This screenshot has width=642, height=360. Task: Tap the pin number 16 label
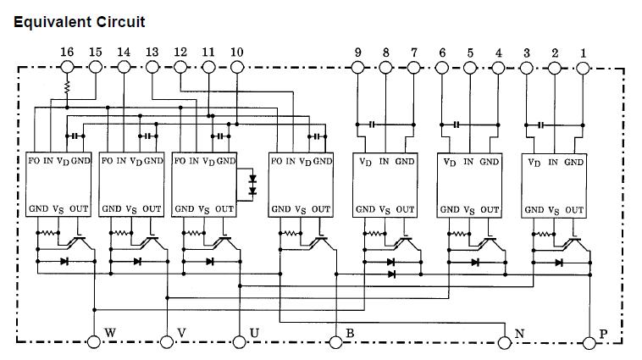(x=67, y=52)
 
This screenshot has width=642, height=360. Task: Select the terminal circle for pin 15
(x=96, y=66)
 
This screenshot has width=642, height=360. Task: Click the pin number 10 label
(x=236, y=52)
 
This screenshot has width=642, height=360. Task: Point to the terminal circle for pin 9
(x=357, y=66)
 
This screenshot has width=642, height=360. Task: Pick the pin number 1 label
(x=583, y=52)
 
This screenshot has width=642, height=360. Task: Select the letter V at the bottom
(x=182, y=332)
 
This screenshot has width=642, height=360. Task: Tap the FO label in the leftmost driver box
(x=34, y=160)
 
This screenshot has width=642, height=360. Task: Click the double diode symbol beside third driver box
(x=251, y=186)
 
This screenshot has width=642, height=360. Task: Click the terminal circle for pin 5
(x=470, y=66)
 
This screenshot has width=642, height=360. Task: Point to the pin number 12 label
(x=180, y=52)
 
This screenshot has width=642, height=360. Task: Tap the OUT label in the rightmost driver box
(x=573, y=209)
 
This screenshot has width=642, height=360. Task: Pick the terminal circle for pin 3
(x=526, y=66)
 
